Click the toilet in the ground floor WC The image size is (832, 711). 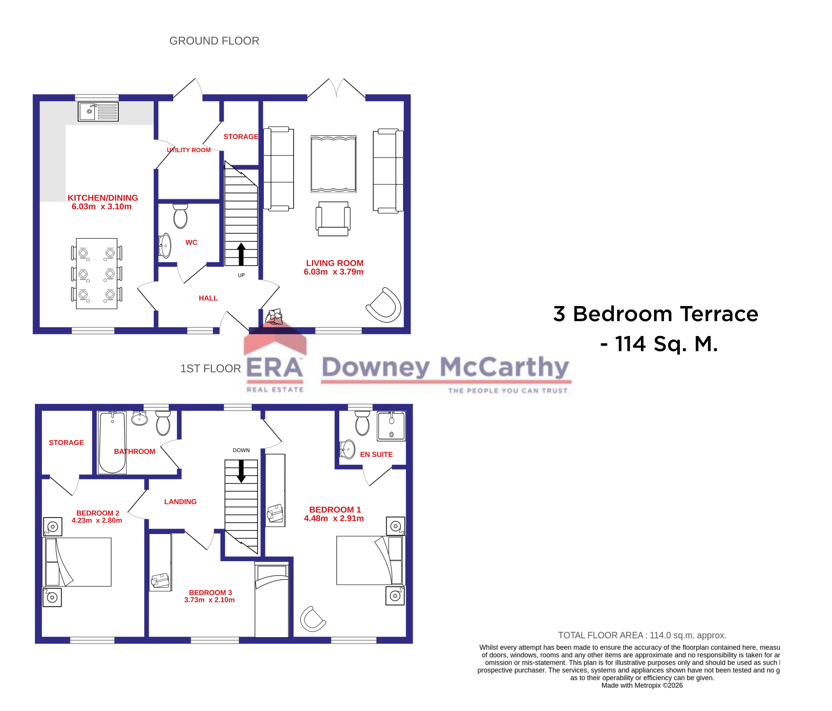point(180,216)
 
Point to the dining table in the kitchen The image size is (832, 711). point(97,273)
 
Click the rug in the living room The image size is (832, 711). point(333,164)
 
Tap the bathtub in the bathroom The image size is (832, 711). point(112,442)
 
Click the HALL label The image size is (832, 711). point(208,298)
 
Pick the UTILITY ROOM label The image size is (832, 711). point(189,150)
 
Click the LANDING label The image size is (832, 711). point(180,501)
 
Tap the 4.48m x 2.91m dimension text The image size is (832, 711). point(334,518)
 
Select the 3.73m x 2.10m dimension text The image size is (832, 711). point(209,600)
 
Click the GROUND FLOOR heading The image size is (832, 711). point(214,41)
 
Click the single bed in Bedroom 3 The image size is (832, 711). point(271,599)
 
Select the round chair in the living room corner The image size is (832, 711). point(384,305)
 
